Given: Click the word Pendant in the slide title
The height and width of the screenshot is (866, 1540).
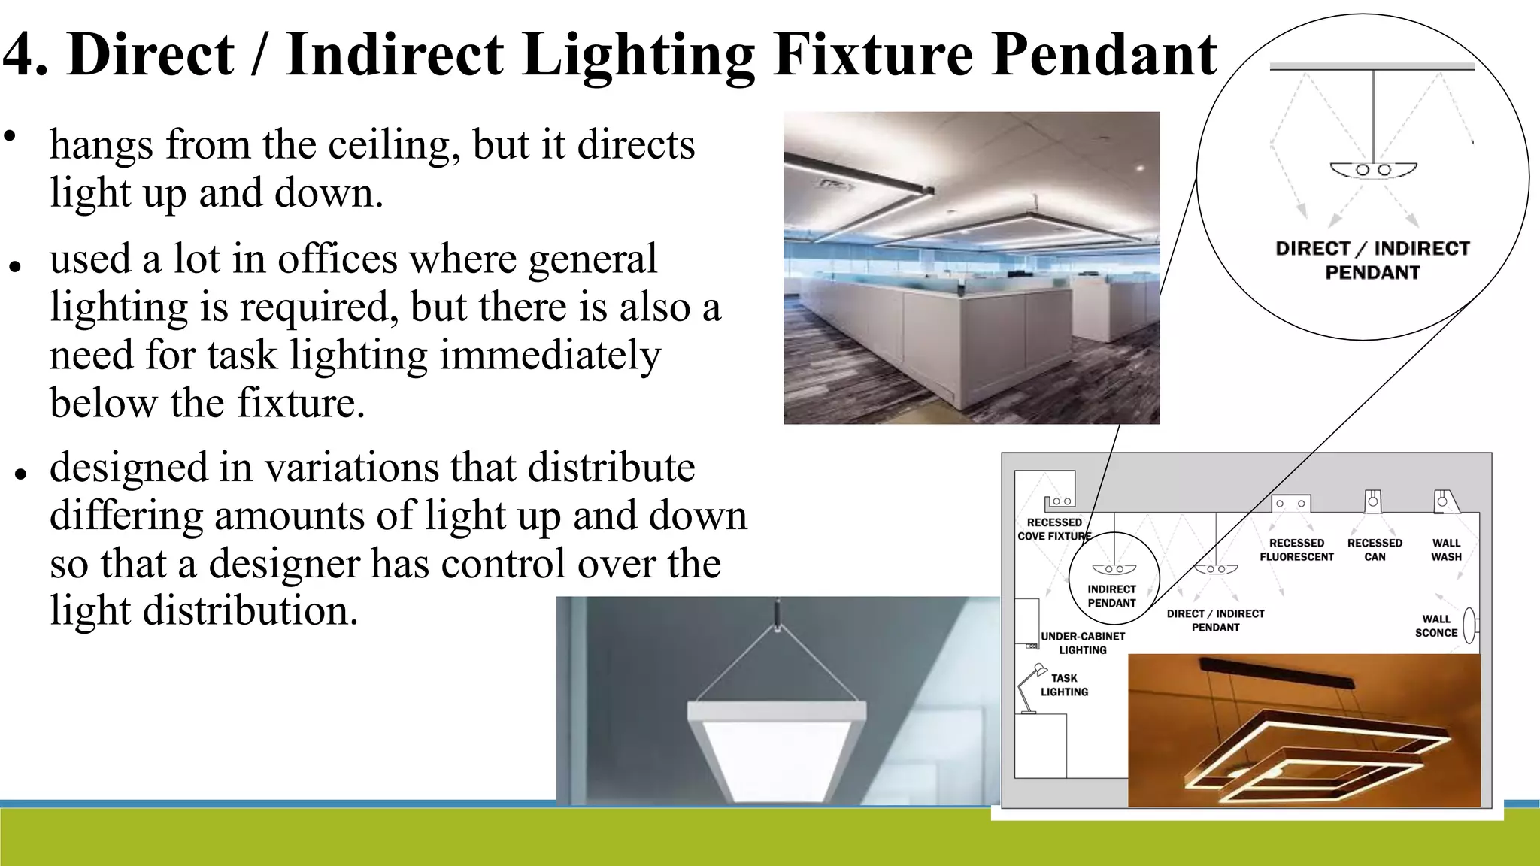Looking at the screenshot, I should (1104, 56).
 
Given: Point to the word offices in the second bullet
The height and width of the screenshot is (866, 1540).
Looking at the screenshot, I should (338, 259).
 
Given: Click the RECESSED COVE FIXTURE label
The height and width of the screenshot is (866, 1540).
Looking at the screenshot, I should (1054, 529).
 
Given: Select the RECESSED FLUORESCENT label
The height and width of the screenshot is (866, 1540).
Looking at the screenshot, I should (1296, 550).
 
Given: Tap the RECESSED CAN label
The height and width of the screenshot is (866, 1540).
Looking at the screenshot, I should (1375, 550).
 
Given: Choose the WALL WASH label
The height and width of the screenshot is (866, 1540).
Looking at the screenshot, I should (1446, 550).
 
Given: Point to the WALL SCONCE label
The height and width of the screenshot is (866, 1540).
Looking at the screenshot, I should (1436, 626).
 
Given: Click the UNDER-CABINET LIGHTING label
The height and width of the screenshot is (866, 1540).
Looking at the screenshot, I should (1083, 643).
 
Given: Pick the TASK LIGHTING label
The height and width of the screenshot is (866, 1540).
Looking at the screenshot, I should (1064, 685).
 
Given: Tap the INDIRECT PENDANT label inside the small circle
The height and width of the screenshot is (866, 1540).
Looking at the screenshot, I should (1111, 596).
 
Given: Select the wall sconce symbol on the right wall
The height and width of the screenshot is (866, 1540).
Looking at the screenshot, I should (1469, 625).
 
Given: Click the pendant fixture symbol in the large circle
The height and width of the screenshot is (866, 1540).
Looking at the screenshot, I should (1373, 171).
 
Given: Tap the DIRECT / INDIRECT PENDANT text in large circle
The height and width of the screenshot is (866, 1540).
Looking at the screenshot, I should (1372, 260).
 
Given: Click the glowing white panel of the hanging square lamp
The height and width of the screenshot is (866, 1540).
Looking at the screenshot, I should (776, 759).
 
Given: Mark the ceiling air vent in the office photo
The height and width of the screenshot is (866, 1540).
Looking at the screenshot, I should (834, 183).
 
